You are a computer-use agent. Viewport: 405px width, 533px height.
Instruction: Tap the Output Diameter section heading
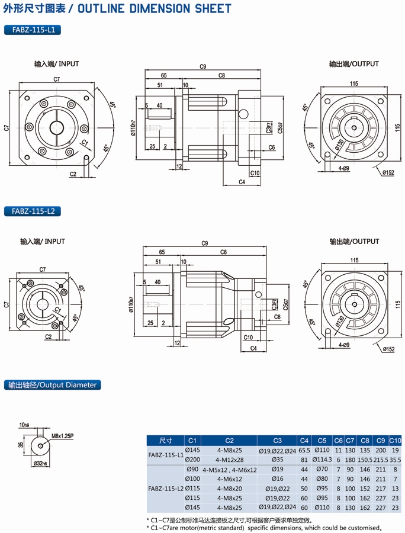pos(52,385)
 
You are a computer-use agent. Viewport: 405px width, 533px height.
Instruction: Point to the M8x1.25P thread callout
pos(63,435)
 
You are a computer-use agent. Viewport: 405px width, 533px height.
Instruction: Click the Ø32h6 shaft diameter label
pos(41,463)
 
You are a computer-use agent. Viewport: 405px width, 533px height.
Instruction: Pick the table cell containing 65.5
pos(304,450)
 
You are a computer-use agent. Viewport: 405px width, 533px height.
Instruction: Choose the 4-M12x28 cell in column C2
pos(229,459)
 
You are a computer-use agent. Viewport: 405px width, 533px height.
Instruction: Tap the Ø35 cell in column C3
pos(277,459)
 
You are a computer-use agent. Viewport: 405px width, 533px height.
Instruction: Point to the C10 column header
pos(396,440)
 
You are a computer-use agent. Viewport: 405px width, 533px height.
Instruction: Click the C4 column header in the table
pos(304,440)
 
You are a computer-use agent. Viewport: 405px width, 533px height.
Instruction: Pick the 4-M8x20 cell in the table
pos(229,488)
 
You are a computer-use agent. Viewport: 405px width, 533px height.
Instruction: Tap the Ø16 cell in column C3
pos(277,479)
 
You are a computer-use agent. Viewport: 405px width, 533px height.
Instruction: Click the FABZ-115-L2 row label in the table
pos(165,488)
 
